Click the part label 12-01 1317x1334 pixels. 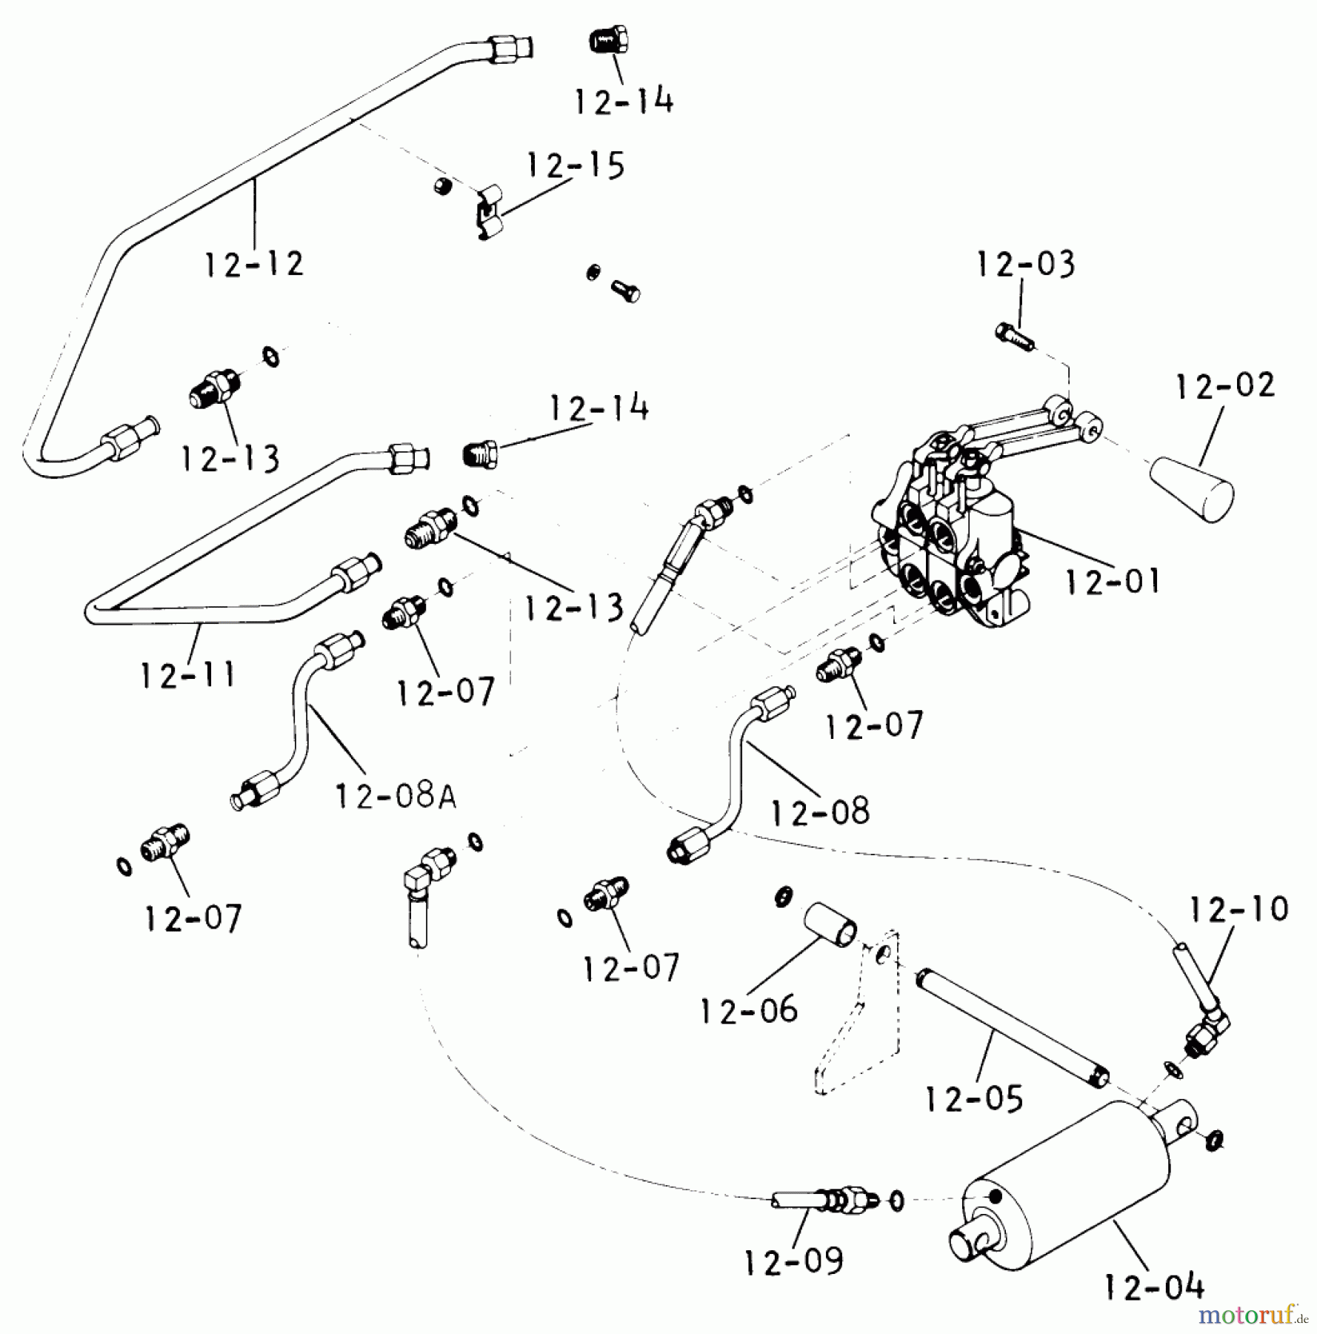click(1112, 581)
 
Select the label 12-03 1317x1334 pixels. click(1025, 265)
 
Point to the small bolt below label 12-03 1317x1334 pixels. click(1016, 337)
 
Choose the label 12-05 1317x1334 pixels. click(974, 1098)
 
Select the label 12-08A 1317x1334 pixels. click(396, 796)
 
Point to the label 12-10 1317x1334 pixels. click(1239, 909)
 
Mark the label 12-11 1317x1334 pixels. click(188, 675)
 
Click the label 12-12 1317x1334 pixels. click(254, 264)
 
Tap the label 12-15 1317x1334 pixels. click(576, 165)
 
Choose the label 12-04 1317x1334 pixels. click(1154, 1287)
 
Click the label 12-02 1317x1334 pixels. click(1225, 386)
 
